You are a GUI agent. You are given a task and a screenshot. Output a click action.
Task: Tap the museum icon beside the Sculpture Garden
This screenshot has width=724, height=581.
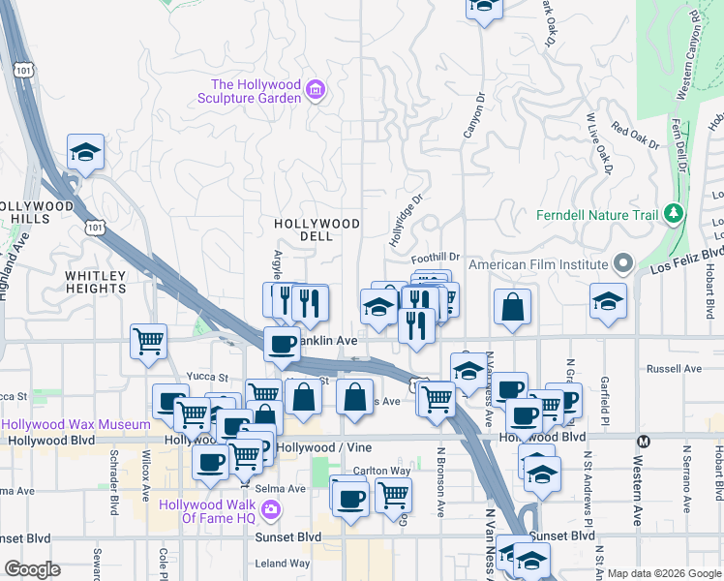315,91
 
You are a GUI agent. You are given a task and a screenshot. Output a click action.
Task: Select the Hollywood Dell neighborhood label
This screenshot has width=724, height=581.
317,230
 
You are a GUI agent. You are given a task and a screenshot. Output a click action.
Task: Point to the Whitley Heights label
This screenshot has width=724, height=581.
96,282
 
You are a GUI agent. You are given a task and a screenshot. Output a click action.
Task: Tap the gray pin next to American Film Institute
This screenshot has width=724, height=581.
624,263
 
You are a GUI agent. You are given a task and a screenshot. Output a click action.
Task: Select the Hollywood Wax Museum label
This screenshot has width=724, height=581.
75,424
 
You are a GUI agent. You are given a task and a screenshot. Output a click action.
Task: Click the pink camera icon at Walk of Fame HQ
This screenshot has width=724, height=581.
273,509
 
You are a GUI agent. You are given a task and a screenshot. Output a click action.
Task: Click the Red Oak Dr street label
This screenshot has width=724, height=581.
635,138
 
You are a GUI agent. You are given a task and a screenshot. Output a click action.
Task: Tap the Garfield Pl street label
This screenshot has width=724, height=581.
604,397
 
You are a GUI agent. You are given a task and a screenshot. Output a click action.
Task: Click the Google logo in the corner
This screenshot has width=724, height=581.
32,569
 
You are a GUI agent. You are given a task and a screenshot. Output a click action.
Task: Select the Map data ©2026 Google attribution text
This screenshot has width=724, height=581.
664,573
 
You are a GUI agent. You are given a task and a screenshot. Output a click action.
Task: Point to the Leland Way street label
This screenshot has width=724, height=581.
282,563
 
